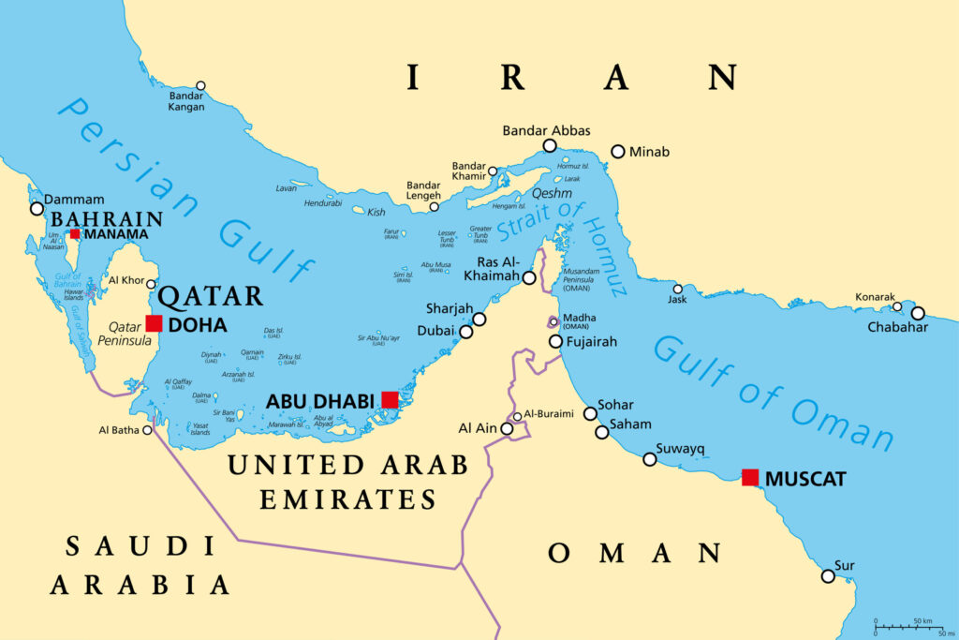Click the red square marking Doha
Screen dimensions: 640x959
pyautogui.click(x=154, y=323)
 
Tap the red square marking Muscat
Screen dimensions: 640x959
pyautogui.click(x=750, y=477)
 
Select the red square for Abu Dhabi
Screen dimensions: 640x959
pyautogui.click(x=390, y=400)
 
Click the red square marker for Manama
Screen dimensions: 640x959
pyautogui.click(x=75, y=234)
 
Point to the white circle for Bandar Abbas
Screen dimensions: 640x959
pyautogui.click(x=550, y=145)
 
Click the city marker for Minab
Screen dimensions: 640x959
pyautogui.click(x=617, y=151)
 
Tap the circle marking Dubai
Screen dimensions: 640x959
pyautogui.click(x=465, y=331)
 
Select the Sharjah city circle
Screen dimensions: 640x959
pyautogui.click(x=479, y=319)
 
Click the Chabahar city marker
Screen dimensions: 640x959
pyautogui.click(x=918, y=313)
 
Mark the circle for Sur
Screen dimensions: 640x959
pyautogui.click(x=828, y=575)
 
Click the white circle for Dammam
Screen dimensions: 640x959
pyautogui.click(x=37, y=208)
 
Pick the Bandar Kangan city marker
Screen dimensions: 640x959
pyautogui.click(x=199, y=85)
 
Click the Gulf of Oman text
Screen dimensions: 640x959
pyautogui.click(x=773, y=394)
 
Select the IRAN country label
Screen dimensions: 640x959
pyautogui.click(x=571, y=79)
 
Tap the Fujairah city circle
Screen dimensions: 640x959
pyautogui.click(x=555, y=341)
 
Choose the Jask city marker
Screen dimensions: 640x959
pyautogui.click(x=677, y=289)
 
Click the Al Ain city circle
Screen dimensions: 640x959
pyautogui.click(x=508, y=428)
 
